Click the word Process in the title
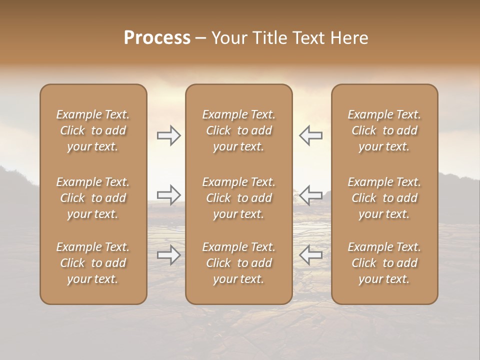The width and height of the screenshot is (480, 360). tap(157, 38)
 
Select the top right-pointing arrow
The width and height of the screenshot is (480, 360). tap(169, 135)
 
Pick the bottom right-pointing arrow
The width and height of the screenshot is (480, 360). tap(169, 255)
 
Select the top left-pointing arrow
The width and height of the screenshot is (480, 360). tap(310, 135)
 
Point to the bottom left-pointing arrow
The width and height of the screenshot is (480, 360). tap(310, 255)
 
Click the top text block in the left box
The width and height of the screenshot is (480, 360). tap(93, 130)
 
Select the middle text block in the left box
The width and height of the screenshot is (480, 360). tap(93, 198)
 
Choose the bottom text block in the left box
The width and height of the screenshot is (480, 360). tap(93, 263)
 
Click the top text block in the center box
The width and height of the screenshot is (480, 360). tap(238, 130)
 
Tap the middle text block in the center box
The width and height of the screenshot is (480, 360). tap(238, 198)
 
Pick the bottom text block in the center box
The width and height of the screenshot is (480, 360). tap(238, 263)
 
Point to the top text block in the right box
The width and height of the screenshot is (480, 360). tap(384, 130)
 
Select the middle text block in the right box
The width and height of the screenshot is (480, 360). tap(384, 198)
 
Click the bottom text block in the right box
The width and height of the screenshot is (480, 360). tap(384, 263)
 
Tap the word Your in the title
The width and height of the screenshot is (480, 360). tap(227, 38)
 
